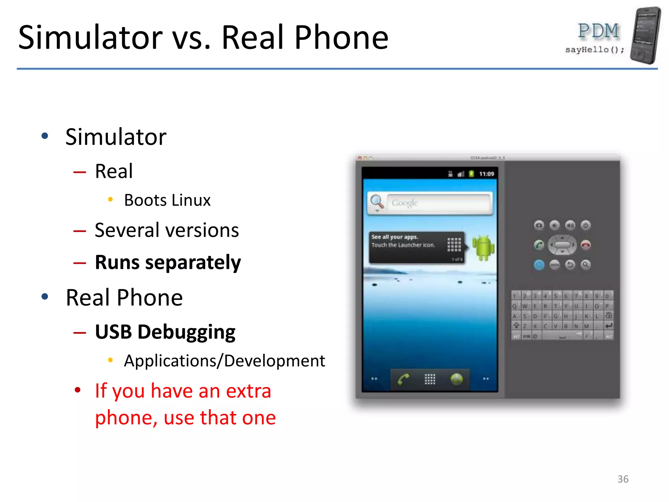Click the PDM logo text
(x=598, y=31)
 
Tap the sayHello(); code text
(x=594, y=50)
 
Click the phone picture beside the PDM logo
(x=645, y=35)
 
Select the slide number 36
(x=623, y=479)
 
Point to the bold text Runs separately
(x=168, y=262)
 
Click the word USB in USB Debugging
(x=113, y=332)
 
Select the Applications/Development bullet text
(x=224, y=361)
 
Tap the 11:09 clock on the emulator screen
(x=486, y=174)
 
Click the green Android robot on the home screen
(x=483, y=247)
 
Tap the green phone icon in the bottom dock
(x=403, y=379)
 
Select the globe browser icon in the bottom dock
(x=456, y=379)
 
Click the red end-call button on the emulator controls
(x=585, y=245)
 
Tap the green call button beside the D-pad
(x=539, y=245)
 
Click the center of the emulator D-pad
(x=562, y=245)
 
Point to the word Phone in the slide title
(x=341, y=38)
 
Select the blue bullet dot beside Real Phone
(x=45, y=297)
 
